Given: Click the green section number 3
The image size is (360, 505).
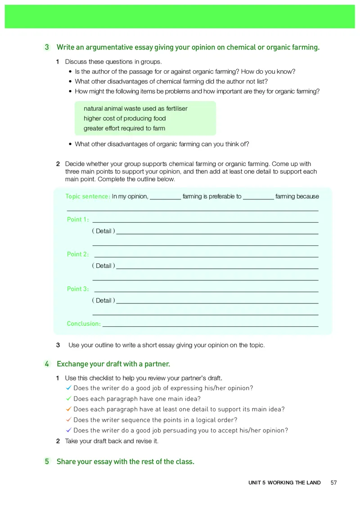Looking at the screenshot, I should coord(47,47).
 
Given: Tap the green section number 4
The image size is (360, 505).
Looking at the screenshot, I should coord(47,364).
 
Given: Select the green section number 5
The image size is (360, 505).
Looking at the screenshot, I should coord(47,461).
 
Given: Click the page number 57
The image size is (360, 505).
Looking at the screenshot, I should coord(333,482).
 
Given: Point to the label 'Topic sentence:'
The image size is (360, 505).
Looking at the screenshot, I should coord(88,196).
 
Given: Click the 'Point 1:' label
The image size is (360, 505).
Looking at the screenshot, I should coord(78,220).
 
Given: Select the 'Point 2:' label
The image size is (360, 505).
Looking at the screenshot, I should coord(78,254).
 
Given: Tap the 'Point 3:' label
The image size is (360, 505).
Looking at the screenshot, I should coord(78,289).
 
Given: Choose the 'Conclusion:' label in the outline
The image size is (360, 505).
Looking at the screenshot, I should coord(84,324).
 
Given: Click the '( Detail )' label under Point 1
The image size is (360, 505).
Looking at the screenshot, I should coord(103,231).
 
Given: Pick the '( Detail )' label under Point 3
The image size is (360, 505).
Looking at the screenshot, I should coord(103,300).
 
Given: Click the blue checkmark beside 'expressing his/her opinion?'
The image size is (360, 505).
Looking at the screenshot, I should coord(68,388).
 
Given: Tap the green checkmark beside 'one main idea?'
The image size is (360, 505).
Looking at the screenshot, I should coord(68,398).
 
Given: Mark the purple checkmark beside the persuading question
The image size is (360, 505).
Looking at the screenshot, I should coord(68,430).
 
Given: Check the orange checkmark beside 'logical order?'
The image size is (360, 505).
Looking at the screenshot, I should coord(68,419).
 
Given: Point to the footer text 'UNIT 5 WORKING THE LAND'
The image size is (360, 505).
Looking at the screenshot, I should coord(284,482).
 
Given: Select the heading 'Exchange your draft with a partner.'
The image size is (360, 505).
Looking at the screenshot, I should coord(113,364).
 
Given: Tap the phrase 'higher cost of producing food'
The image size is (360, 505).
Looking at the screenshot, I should coord(125,118).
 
